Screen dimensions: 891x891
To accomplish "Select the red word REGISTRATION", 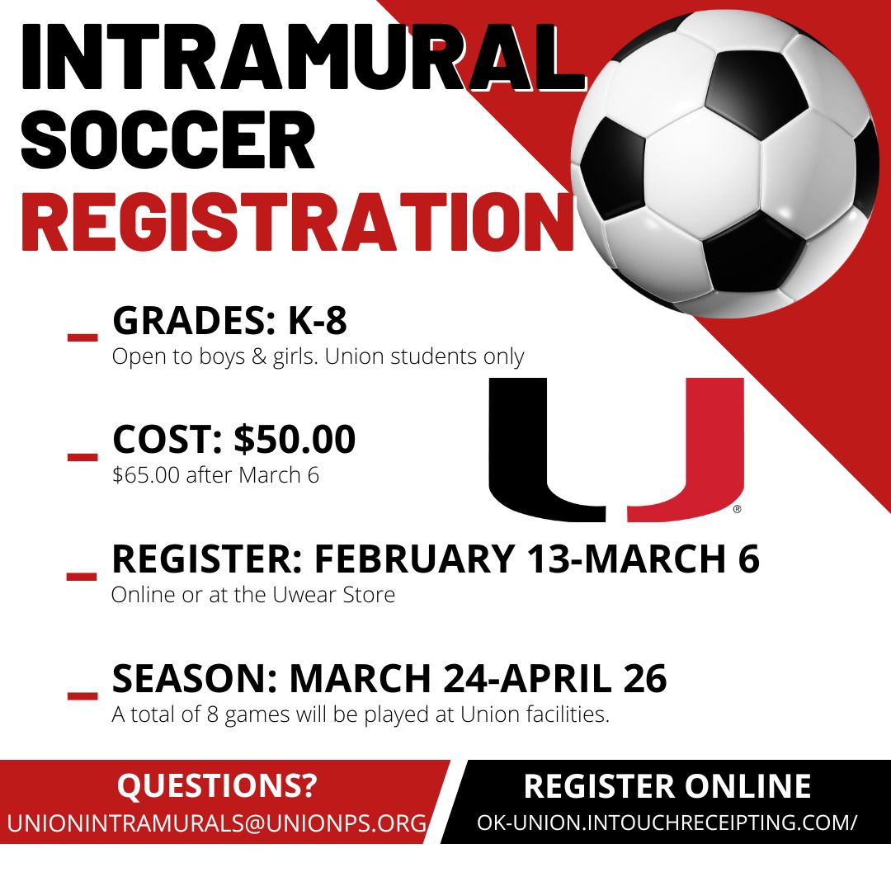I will tap(297, 221).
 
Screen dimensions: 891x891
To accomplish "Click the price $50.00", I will tap(295, 440).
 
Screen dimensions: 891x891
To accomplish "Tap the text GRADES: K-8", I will tap(229, 322).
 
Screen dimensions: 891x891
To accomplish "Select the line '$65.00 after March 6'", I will tap(215, 475).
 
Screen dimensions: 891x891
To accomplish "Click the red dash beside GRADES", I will tap(82, 337).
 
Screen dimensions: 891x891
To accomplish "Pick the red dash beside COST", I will tap(82, 456).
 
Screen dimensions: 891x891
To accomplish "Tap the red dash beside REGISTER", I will tap(82, 575).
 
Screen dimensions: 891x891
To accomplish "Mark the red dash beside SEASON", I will tap(82, 695).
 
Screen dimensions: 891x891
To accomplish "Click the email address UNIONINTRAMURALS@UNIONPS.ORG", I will tap(217, 823).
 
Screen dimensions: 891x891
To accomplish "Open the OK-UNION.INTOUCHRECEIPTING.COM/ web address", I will tap(667, 823).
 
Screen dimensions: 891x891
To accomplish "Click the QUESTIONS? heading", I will tap(217, 785).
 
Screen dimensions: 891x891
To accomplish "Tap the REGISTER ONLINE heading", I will tap(667, 786).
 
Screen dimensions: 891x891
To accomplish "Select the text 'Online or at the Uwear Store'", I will tap(253, 594).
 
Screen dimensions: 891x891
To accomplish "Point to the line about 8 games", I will tap(361, 714).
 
